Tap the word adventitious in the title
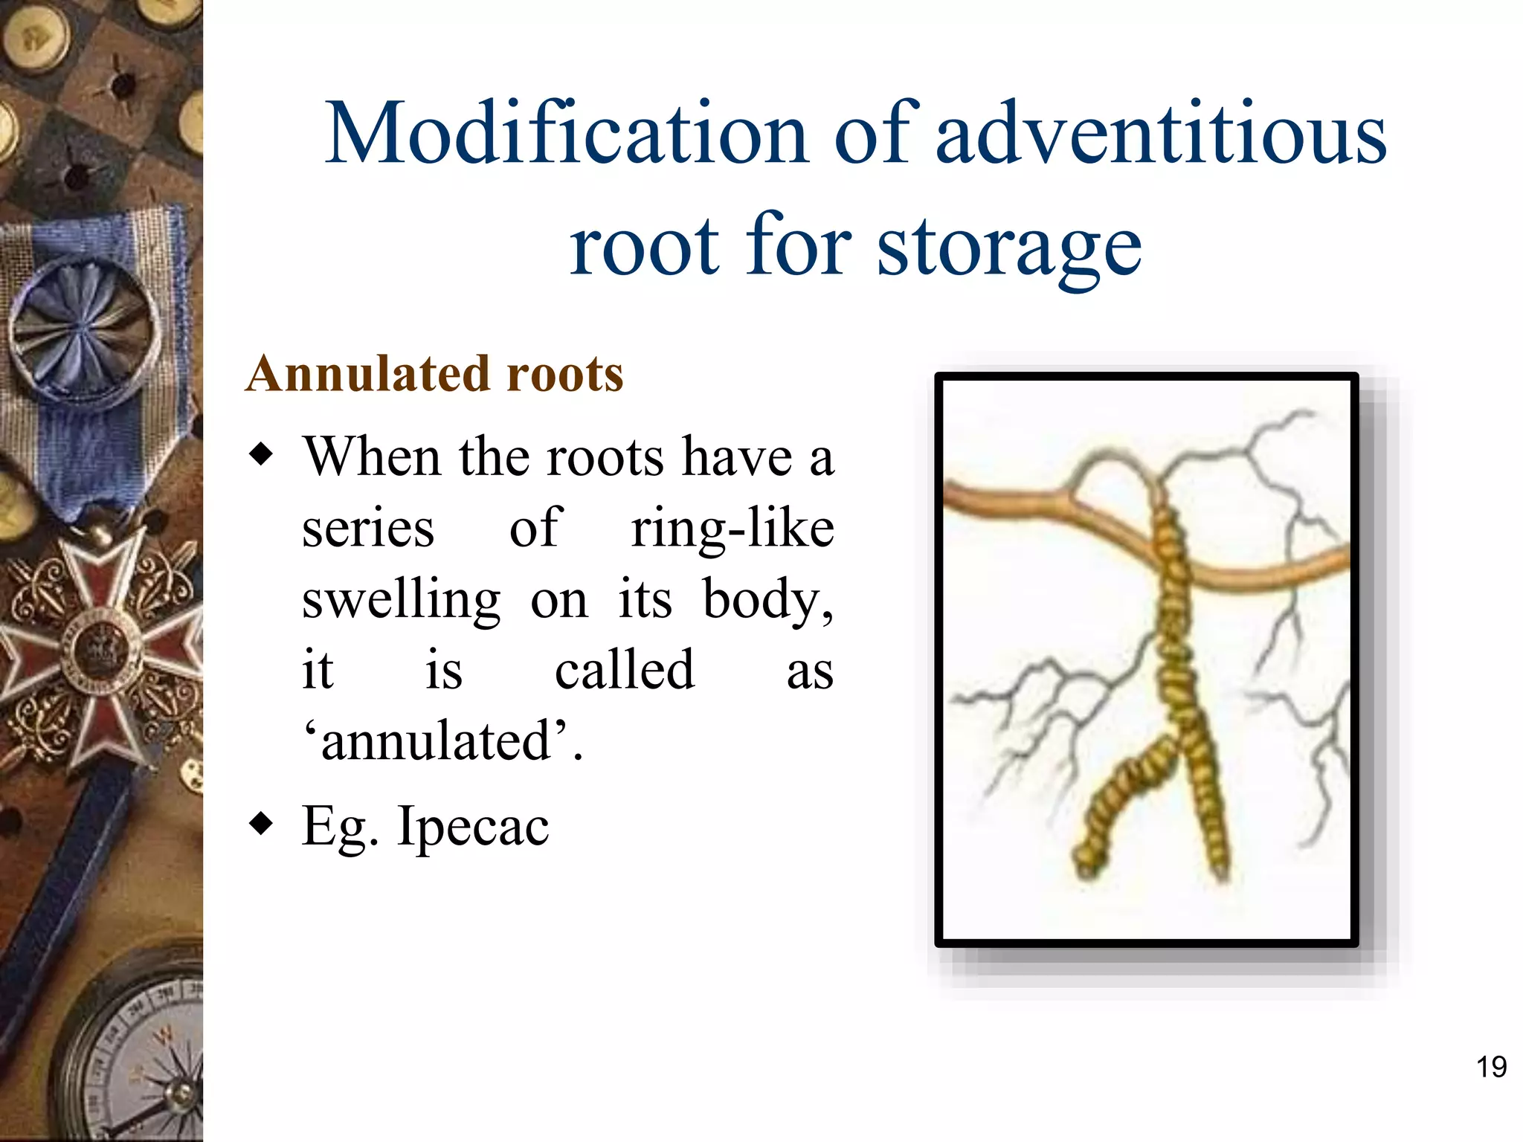(1160, 134)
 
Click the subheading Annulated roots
(434, 373)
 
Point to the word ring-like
(732, 529)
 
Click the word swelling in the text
(402, 599)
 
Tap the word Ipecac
(473, 827)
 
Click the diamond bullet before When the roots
(261, 454)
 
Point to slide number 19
(1490, 1067)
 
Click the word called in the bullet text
(625, 671)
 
